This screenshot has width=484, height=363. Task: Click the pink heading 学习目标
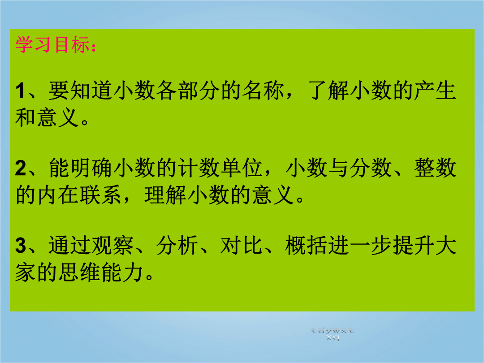click(x=52, y=45)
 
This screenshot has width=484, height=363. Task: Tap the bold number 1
click(x=20, y=91)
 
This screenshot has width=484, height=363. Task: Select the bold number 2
click(x=21, y=168)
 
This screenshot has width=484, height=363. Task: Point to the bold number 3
click(x=21, y=246)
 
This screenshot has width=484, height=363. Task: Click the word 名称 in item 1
click(x=264, y=91)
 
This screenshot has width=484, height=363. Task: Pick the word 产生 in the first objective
click(x=435, y=91)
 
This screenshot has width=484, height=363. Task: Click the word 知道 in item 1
click(x=91, y=91)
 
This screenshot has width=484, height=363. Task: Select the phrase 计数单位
click(x=220, y=168)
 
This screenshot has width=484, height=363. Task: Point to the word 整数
click(x=435, y=168)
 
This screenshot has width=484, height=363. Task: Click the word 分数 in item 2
click(x=371, y=168)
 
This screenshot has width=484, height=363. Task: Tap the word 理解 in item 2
click(x=166, y=195)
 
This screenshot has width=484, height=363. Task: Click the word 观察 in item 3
click(x=112, y=246)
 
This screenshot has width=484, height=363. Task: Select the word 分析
click(x=177, y=246)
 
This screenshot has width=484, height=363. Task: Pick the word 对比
click(x=242, y=246)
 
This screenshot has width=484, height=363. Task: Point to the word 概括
click(x=306, y=246)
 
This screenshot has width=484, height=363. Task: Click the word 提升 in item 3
click(x=413, y=246)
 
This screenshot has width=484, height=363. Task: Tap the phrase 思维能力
click(x=101, y=272)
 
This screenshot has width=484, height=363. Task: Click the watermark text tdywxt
click(x=333, y=331)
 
